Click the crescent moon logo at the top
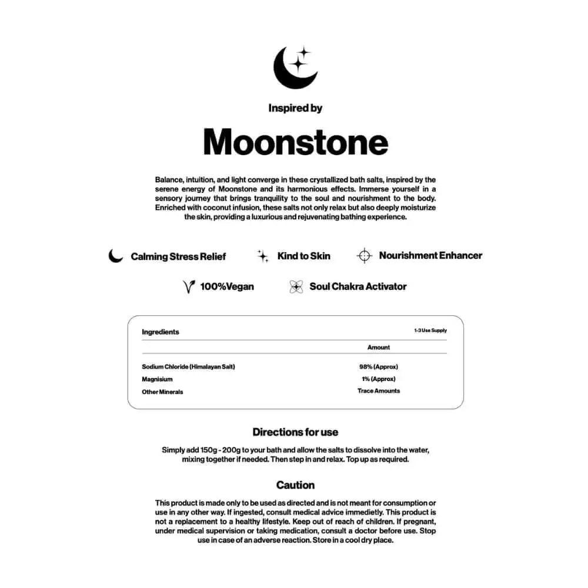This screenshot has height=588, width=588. pyautogui.click(x=295, y=68)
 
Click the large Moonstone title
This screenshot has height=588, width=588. pyautogui.click(x=295, y=142)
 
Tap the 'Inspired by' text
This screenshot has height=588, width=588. pyautogui.click(x=295, y=108)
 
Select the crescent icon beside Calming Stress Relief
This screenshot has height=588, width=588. pyautogui.click(x=116, y=256)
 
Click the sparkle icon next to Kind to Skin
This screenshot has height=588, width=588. pyautogui.click(x=263, y=256)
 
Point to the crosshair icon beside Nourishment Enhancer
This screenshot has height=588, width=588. pyautogui.click(x=365, y=256)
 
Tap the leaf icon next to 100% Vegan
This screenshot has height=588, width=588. pyautogui.click(x=189, y=287)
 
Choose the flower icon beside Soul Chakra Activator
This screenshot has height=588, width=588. pyautogui.click(x=296, y=287)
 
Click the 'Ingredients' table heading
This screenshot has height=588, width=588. pyautogui.click(x=161, y=332)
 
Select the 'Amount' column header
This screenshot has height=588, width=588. pyautogui.click(x=379, y=348)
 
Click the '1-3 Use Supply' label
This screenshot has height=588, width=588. pyautogui.click(x=430, y=330)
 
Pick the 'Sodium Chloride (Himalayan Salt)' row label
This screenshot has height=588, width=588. pyautogui.click(x=188, y=367)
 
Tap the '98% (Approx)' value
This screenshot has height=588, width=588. pyautogui.click(x=379, y=367)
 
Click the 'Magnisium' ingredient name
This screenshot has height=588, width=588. pyautogui.click(x=157, y=379)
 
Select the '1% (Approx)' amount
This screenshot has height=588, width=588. pyautogui.click(x=379, y=379)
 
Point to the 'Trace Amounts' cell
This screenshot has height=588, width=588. pyautogui.click(x=379, y=391)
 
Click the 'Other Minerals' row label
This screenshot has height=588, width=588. pyautogui.click(x=162, y=392)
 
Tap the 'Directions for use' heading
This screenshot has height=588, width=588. pyautogui.click(x=295, y=432)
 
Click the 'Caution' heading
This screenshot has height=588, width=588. pyautogui.click(x=295, y=485)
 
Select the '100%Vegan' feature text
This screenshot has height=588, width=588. pyautogui.click(x=227, y=287)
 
